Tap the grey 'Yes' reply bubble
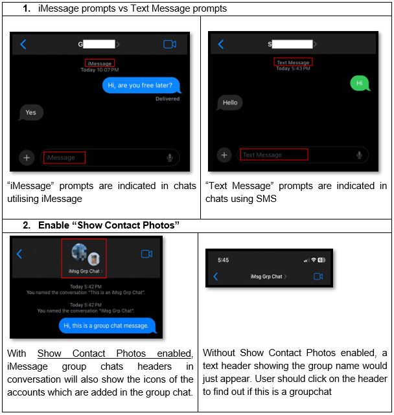(30, 113)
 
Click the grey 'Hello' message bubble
(230, 102)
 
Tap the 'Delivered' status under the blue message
(167, 99)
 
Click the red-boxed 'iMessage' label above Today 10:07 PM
(99, 63)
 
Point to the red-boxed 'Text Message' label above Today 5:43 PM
(293, 62)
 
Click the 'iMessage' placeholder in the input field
(61, 157)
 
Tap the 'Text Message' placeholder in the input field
(262, 155)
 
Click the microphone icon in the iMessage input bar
(170, 157)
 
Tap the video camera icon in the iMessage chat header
(170, 44)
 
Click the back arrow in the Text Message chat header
(220, 44)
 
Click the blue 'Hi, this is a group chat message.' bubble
(107, 325)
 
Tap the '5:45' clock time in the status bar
(223, 260)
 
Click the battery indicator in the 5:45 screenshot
(321, 260)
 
